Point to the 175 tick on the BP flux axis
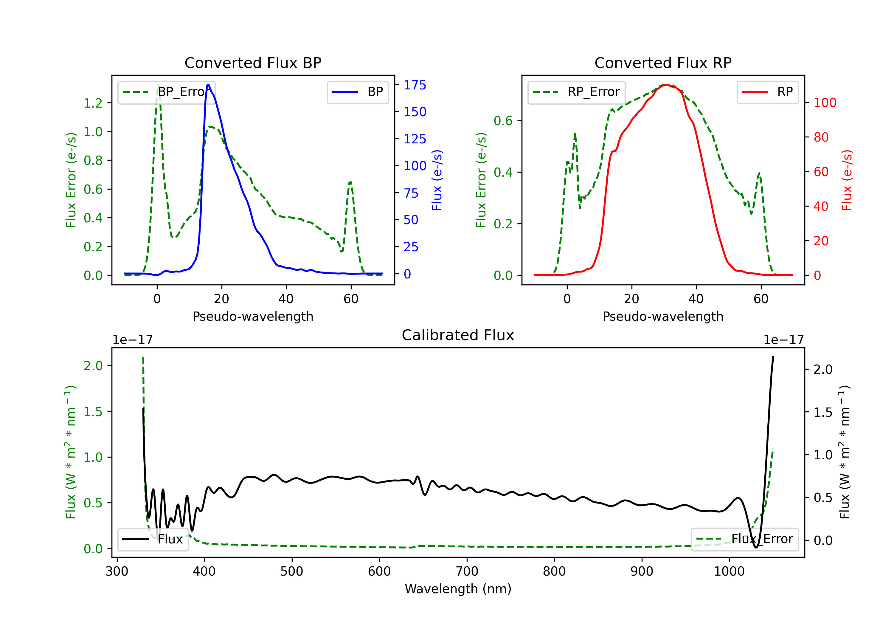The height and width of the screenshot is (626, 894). tap(415, 85)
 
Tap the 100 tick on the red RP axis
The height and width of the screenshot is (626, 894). tap(825, 103)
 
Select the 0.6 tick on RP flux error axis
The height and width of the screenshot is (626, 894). tap(503, 121)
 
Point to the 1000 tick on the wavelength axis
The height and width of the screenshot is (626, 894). tap(729, 571)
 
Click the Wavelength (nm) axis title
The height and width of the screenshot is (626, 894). tap(458, 589)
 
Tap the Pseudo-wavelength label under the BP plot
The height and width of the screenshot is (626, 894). tap(253, 316)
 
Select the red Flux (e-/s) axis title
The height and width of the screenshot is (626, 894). tap(847, 180)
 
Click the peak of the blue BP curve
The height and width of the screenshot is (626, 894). tap(208, 85)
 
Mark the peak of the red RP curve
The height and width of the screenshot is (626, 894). tap(667, 85)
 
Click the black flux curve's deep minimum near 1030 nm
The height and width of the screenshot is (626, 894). tap(756, 547)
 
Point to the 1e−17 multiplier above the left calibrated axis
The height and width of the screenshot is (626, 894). tap(132, 340)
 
